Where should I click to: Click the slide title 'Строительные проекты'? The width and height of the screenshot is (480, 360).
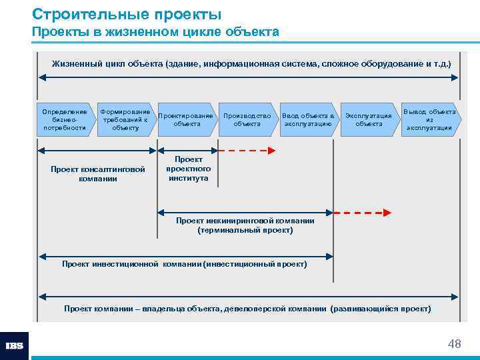pos(127,14)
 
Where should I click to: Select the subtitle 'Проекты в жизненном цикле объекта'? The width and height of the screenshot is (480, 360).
pos(155,32)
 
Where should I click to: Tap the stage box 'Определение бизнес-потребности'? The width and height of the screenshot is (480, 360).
pos(64,119)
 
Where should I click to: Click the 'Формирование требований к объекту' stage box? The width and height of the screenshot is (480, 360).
pos(125,119)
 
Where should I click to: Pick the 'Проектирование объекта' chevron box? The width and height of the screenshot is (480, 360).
pos(186,119)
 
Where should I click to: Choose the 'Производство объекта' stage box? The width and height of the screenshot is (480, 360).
pos(247,119)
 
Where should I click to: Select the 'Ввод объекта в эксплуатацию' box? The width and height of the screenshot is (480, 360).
pos(307,119)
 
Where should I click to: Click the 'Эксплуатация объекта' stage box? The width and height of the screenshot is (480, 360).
pos(368,119)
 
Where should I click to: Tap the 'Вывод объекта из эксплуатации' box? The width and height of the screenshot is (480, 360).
pos(429,119)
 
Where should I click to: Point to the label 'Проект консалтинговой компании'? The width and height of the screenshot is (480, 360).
pos(97,174)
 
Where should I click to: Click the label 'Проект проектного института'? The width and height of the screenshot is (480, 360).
pos(188,169)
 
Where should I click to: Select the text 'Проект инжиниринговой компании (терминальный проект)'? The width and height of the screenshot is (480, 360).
pos(245,225)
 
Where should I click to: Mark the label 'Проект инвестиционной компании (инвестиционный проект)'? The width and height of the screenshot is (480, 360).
pos(185,264)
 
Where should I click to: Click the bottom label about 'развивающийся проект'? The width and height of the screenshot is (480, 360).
pos(247,309)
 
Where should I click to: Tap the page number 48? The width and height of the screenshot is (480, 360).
pos(454,344)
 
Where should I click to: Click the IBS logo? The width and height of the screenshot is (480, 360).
pos(14,346)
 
